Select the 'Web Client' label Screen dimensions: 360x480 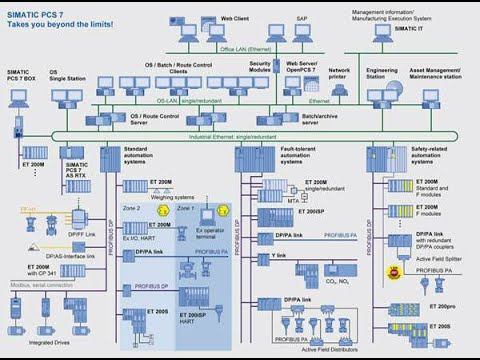(234, 18)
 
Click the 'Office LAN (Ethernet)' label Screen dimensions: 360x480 (244, 47)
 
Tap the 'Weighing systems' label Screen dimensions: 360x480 (171, 198)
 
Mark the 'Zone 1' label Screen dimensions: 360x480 (186, 207)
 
